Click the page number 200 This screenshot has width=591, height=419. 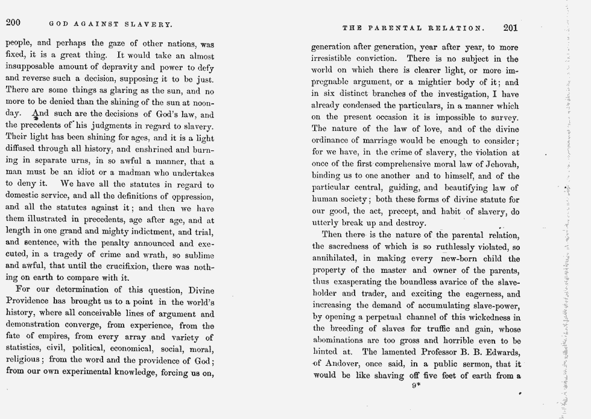pos(13,23)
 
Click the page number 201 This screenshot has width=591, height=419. pos(510,27)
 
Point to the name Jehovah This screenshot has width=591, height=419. pos(502,165)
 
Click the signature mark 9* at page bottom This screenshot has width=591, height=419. pos(416,387)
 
